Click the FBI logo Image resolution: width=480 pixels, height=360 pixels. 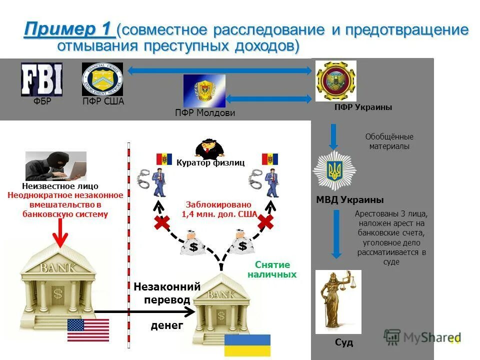tap(41, 79)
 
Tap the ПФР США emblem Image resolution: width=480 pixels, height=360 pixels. tap(102, 79)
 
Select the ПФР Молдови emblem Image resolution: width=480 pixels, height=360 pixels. tap(204, 91)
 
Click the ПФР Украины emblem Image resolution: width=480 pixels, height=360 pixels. tap(335, 80)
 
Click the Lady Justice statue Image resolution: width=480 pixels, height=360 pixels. tap(338, 302)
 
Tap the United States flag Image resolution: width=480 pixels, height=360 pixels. tap(88, 329)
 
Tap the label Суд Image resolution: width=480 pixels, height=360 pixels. tap(344, 342)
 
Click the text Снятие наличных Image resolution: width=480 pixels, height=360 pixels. tap(272, 270)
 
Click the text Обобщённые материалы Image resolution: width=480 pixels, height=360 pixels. tap(389, 141)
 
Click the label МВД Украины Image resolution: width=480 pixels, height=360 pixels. tap(349, 200)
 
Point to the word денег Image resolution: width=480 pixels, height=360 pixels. tap(167, 326)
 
